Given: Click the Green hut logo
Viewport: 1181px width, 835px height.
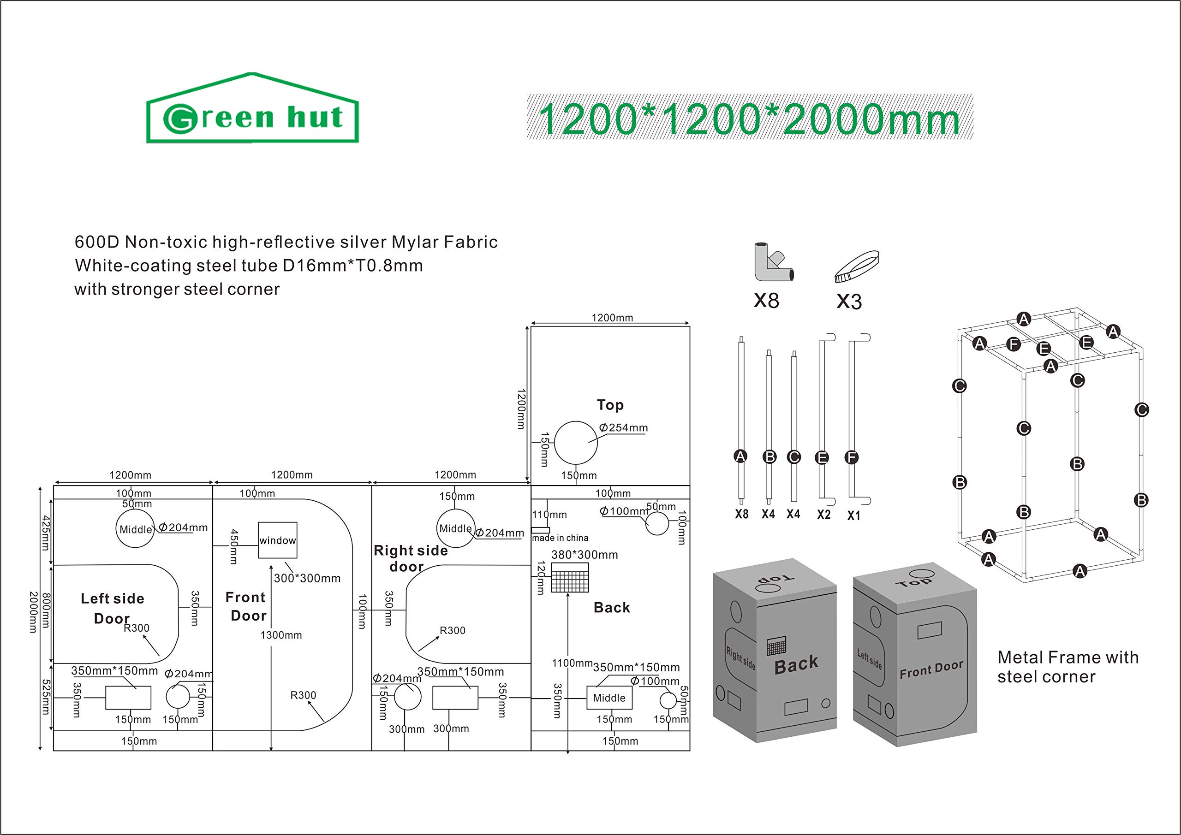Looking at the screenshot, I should tap(252, 109).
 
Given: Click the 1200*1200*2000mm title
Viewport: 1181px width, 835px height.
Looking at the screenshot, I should tap(750, 118).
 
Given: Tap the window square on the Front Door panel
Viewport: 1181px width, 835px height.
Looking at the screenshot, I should tap(277, 540).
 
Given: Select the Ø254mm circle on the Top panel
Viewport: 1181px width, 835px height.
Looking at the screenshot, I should tap(576, 443).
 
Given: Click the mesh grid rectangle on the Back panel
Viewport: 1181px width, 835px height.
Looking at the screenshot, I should tap(570, 577).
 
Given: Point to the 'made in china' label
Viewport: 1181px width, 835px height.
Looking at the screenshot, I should tap(560, 538).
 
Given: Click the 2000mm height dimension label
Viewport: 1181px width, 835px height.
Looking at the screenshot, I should tap(33, 612).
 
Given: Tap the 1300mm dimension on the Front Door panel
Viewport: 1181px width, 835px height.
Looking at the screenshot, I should tap(281, 635).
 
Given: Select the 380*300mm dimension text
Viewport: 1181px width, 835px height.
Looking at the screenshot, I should tap(585, 555).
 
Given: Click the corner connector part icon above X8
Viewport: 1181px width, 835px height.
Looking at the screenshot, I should tap(771, 263).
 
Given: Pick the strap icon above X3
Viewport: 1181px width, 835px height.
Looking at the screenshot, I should tap(856, 266).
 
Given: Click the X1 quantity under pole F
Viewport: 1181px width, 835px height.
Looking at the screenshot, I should tap(854, 515).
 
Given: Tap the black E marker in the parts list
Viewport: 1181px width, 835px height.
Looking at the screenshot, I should tap(822, 457).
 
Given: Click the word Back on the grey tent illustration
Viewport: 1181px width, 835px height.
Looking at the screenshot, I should tap(796, 664).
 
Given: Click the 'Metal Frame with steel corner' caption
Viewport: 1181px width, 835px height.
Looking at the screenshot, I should tap(1068, 667).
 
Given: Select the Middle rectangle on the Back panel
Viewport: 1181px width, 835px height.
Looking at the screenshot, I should tap(609, 698).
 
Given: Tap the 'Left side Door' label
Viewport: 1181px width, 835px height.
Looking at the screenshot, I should tap(112, 608).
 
